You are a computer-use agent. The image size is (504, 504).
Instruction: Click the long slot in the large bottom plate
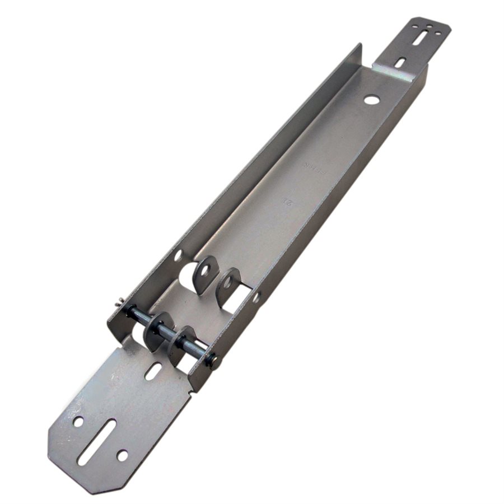[96, 442]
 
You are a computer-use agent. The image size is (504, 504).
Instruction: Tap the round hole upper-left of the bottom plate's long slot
[78, 421]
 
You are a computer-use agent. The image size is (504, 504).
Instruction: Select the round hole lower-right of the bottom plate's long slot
[122, 455]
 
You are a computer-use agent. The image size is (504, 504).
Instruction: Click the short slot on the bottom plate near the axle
[152, 371]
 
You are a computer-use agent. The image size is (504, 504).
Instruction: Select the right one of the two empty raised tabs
[228, 282]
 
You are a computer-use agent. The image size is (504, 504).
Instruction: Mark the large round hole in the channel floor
[371, 100]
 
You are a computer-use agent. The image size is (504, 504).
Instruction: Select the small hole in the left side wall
[178, 255]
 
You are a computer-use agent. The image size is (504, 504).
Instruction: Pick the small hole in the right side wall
[256, 297]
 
